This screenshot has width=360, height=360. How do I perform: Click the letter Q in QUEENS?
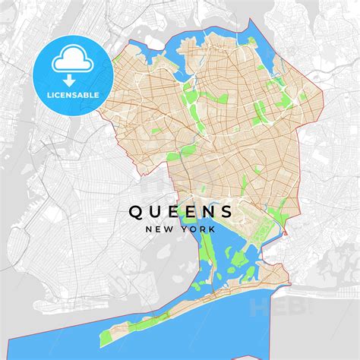tap(134, 210)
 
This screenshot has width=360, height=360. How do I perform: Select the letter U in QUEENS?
tap(154, 210)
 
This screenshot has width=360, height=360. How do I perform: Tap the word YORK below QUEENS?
tap(199, 228)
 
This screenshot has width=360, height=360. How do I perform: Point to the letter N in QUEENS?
tap(208, 210)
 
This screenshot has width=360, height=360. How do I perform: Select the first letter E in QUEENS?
tap(172, 210)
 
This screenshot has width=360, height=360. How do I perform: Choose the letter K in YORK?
tap(213, 228)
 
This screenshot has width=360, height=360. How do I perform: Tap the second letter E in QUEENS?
tap(190, 210)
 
